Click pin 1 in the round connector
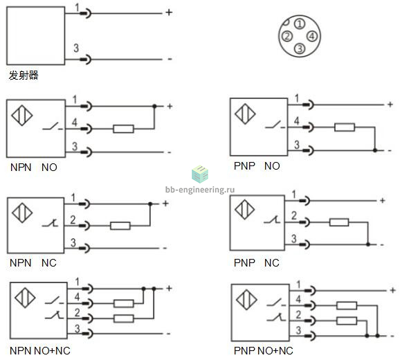[300, 24]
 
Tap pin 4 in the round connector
[311, 36]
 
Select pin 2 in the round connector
[287, 36]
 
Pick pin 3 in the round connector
[300, 48]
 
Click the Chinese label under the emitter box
[24, 75]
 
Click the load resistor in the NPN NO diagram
[123, 129]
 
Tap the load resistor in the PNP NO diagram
[345, 127]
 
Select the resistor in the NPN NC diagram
[120, 226]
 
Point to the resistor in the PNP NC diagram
[339, 222]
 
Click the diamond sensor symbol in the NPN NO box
[22, 116]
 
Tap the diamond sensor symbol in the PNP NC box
[245, 210]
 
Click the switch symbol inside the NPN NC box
[51, 223]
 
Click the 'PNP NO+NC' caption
[264, 350]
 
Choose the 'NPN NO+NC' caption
[40, 350]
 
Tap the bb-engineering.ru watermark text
[200, 190]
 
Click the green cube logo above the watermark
[200, 174]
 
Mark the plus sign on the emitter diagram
[169, 12]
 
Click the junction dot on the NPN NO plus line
[154, 106]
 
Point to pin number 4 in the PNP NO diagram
[296, 120]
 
